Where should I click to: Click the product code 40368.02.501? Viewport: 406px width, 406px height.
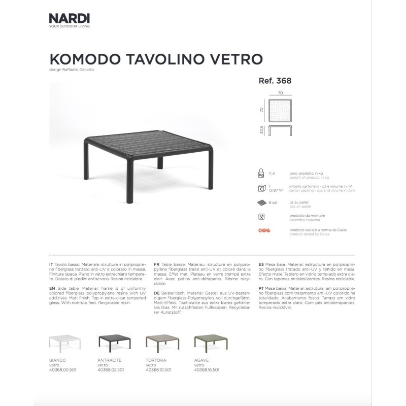click(110, 370)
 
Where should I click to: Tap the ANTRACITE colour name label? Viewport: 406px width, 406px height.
click(108, 360)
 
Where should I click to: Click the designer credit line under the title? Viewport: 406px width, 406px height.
click(72, 70)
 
